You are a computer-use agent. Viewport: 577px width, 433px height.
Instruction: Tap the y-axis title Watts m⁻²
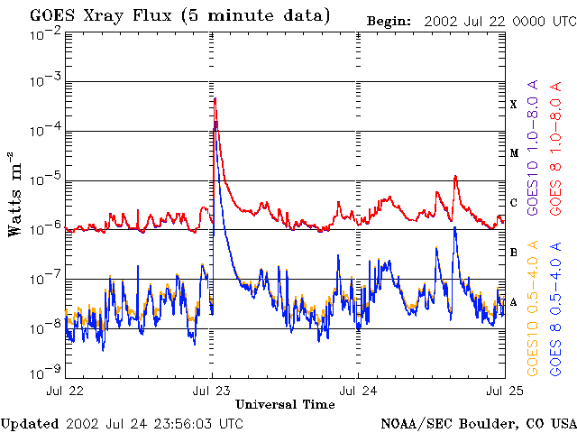click(x=16, y=193)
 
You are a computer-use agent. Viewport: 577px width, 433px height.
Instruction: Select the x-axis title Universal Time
click(x=286, y=405)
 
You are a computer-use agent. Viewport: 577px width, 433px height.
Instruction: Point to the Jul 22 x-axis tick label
click(x=65, y=391)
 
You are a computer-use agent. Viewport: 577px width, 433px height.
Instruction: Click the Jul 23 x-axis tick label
click(x=213, y=391)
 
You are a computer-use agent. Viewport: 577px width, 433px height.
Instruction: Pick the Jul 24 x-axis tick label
click(x=358, y=391)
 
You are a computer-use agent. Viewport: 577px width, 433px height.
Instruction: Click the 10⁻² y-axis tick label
click(x=44, y=32)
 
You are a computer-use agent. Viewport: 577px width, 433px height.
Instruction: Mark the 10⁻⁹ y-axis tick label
click(x=44, y=372)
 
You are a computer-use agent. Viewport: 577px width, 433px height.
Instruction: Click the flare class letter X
click(x=514, y=105)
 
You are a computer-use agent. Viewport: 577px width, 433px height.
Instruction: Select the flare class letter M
click(x=514, y=153)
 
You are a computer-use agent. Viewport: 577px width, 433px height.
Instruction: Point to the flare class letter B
click(x=514, y=253)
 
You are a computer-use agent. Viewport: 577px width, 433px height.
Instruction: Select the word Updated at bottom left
click(x=30, y=423)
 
